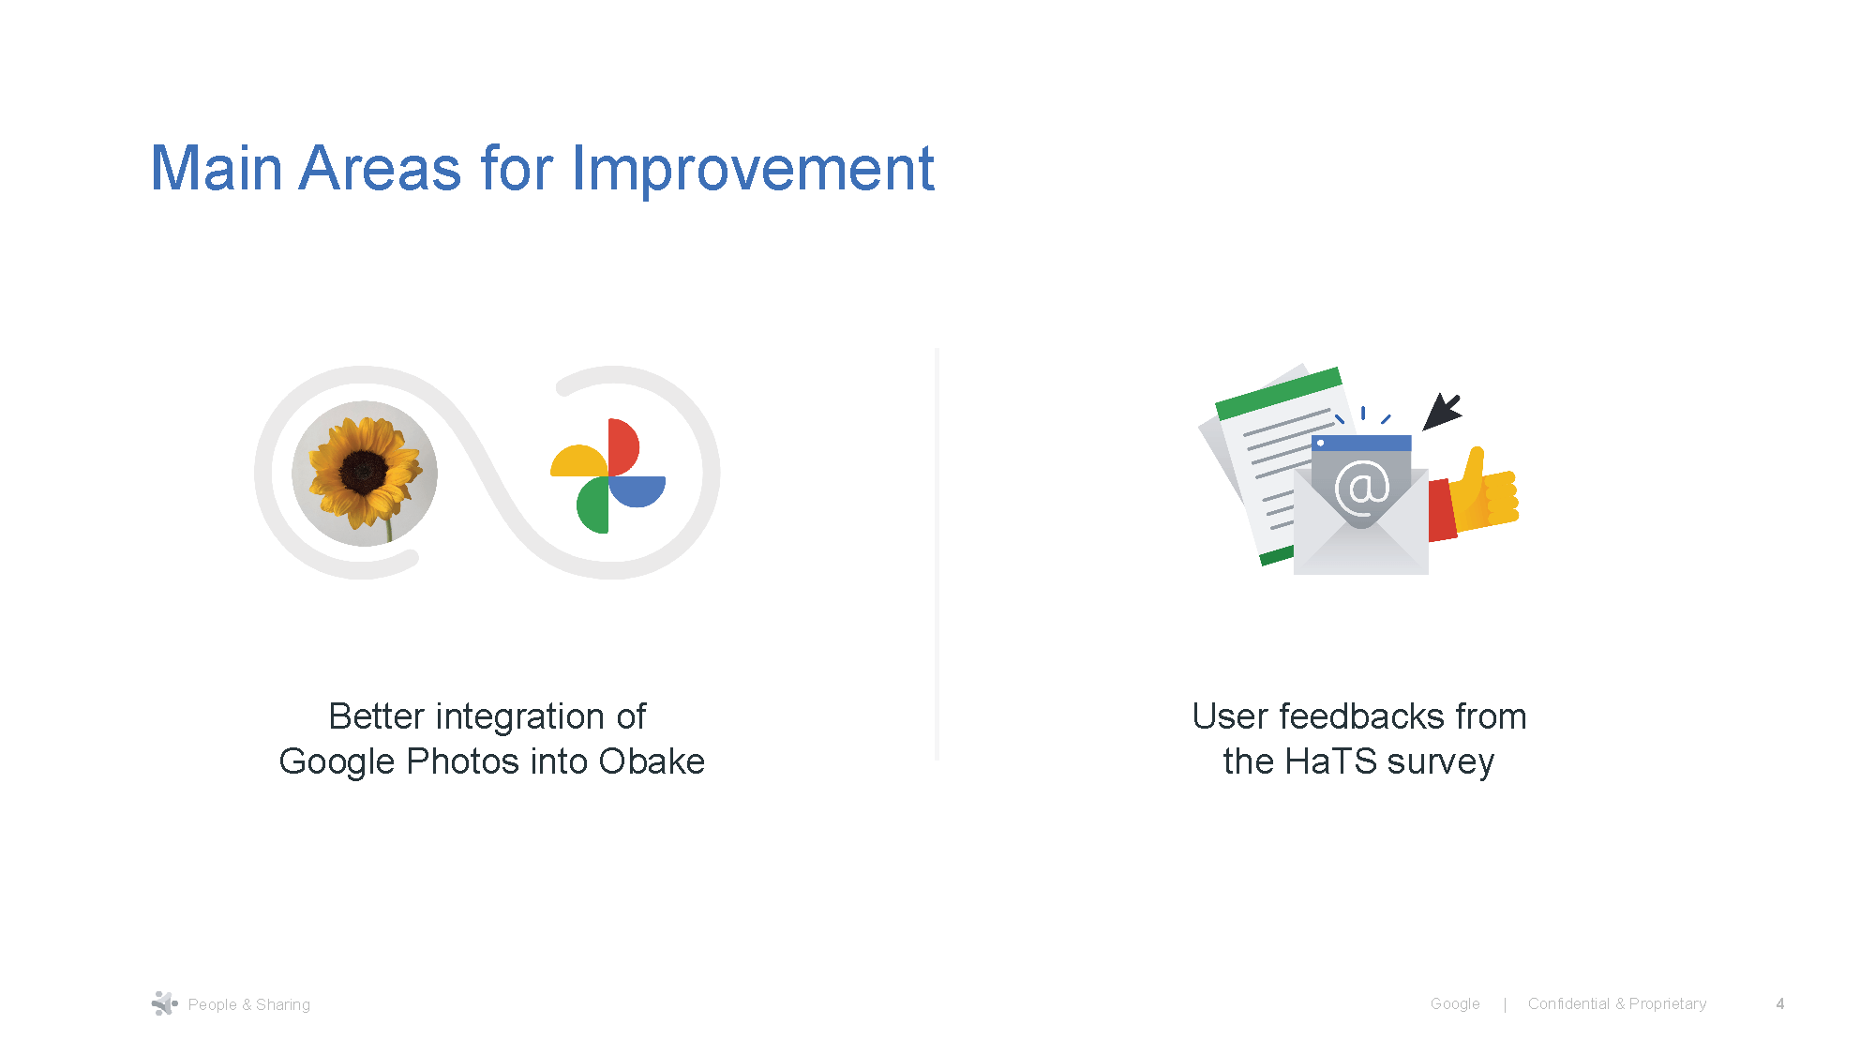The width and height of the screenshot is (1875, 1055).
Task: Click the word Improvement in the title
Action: pyautogui.click(x=753, y=169)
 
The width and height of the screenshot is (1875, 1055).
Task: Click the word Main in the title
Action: pyautogui.click(x=217, y=169)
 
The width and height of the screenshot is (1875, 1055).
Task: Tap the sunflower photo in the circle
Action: pyautogui.click(x=365, y=473)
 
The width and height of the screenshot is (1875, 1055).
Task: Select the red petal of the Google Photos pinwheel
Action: pyautogui.click(x=622, y=446)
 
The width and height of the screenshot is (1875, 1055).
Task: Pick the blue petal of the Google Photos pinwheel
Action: pyautogui.click(x=638, y=490)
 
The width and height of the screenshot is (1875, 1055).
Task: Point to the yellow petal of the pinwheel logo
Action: pyautogui.click(x=578, y=462)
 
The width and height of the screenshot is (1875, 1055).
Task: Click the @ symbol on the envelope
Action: pyautogui.click(x=1361, y=487)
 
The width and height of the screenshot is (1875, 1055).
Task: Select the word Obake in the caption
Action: pyautogui.click(x=652, y=761)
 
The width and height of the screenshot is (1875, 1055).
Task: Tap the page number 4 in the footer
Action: pyautogui.click(x=1779, y=1003)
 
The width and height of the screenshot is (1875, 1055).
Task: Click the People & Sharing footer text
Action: pyautogui.click(x=248, y=1004)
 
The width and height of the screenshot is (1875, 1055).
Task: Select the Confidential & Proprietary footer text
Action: pyautogui.click(x=1616, y=1003)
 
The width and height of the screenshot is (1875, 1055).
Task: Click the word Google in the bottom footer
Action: pyautogui.click(x=1454, y=1003)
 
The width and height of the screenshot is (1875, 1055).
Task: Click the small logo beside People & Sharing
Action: pyautogui.click(x=164, y=1003)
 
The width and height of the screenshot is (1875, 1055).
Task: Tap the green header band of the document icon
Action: pyautogui.click(x=1278, y=393)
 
